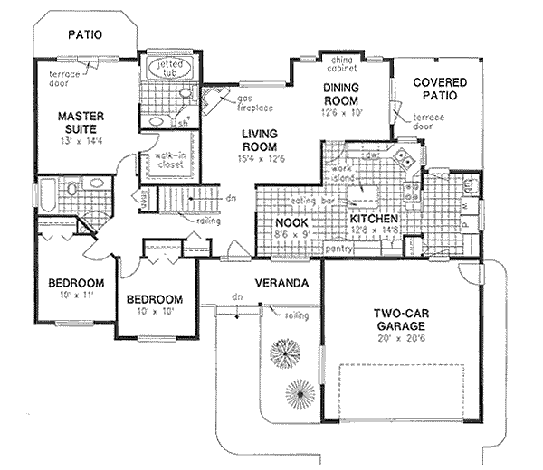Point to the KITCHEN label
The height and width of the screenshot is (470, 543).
coord(375,219)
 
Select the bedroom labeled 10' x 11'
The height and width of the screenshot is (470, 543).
coord(77,283)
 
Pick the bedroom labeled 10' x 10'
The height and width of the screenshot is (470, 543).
coord(155,300)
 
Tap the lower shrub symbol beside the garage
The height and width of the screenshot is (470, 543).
coord(300,393)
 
